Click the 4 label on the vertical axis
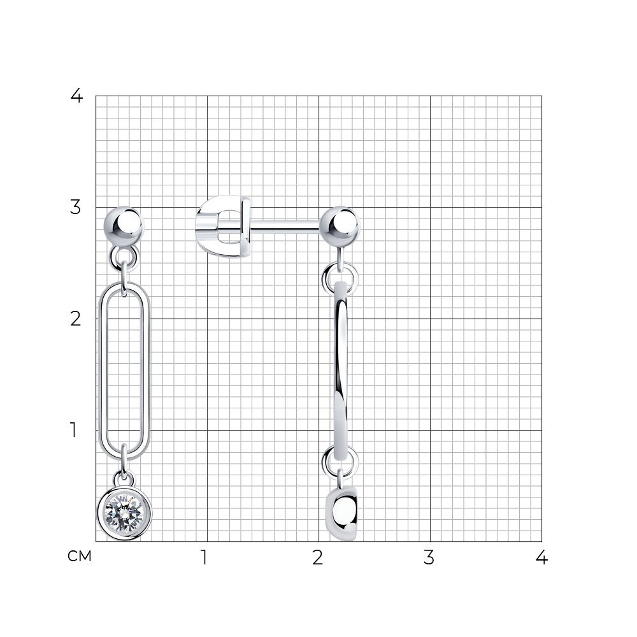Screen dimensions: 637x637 [76, 96]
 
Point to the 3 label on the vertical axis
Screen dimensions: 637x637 [76, 207]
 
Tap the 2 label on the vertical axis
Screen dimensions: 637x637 [76, 319]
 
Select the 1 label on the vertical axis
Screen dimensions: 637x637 [73, 430]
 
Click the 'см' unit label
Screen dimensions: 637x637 [80, 556]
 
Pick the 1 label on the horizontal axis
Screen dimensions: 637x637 [204, 557]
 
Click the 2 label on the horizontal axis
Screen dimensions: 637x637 [318, 557]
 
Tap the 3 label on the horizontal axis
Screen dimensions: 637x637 [429, 557]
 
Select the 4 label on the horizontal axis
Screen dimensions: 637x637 [541, 557]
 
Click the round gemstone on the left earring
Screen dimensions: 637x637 [124, 513]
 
